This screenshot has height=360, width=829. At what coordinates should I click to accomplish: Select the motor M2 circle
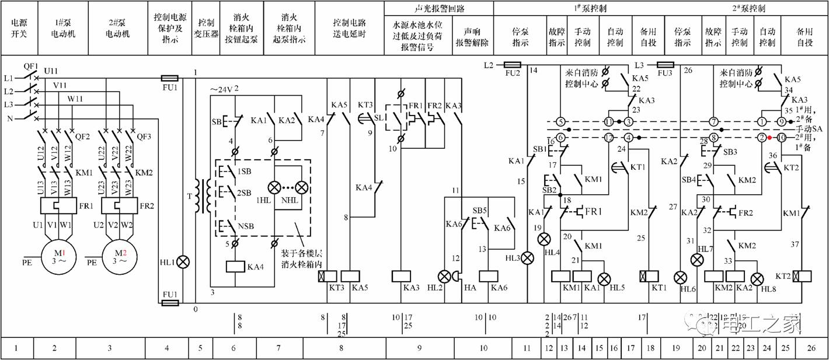coord(120,256)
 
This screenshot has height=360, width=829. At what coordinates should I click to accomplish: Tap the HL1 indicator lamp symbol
coord(183,261)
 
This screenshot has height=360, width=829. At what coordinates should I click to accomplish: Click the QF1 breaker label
coord(30,66)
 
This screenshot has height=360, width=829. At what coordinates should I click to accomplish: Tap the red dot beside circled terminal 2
coord(769,138)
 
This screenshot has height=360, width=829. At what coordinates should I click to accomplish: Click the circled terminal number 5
coord(561,122)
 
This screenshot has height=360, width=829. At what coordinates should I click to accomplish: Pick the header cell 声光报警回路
coord(438,9)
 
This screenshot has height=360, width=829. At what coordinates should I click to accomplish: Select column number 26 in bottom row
coord(810,348)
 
